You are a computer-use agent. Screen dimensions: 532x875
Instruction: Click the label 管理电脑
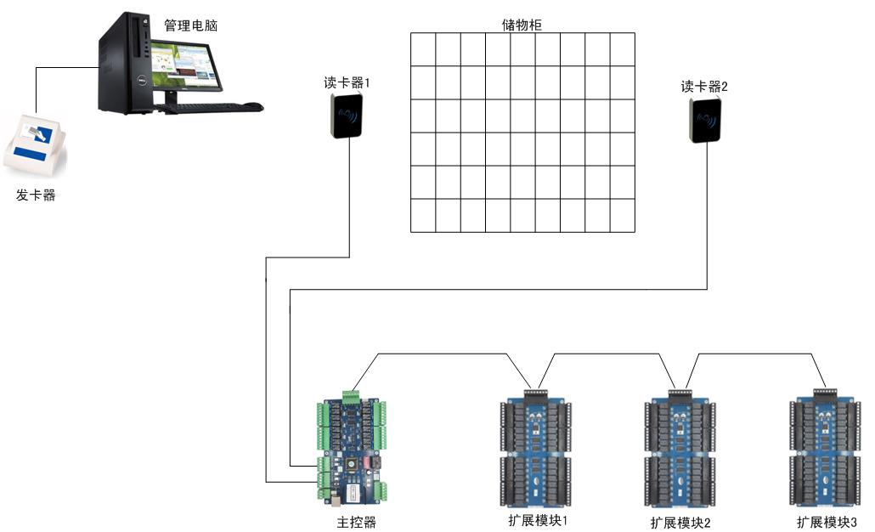(190, 25)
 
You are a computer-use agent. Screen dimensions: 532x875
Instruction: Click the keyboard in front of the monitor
(204, 107)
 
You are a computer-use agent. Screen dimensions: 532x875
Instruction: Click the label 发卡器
(36, 195)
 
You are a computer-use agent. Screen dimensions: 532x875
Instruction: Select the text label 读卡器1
(347, 82)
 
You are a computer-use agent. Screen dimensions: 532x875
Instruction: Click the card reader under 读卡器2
(705, 119)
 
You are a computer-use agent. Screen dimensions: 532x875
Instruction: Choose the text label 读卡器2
(704, 86)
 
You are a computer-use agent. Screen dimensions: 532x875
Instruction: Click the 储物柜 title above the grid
(522, 25)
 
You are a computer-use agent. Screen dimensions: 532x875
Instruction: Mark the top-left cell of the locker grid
(423, 49)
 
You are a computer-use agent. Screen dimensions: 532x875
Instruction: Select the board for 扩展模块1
(535, 448)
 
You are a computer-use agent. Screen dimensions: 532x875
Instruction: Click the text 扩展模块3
(827, 522)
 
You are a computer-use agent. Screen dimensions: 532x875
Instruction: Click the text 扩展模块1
(536, 519)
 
